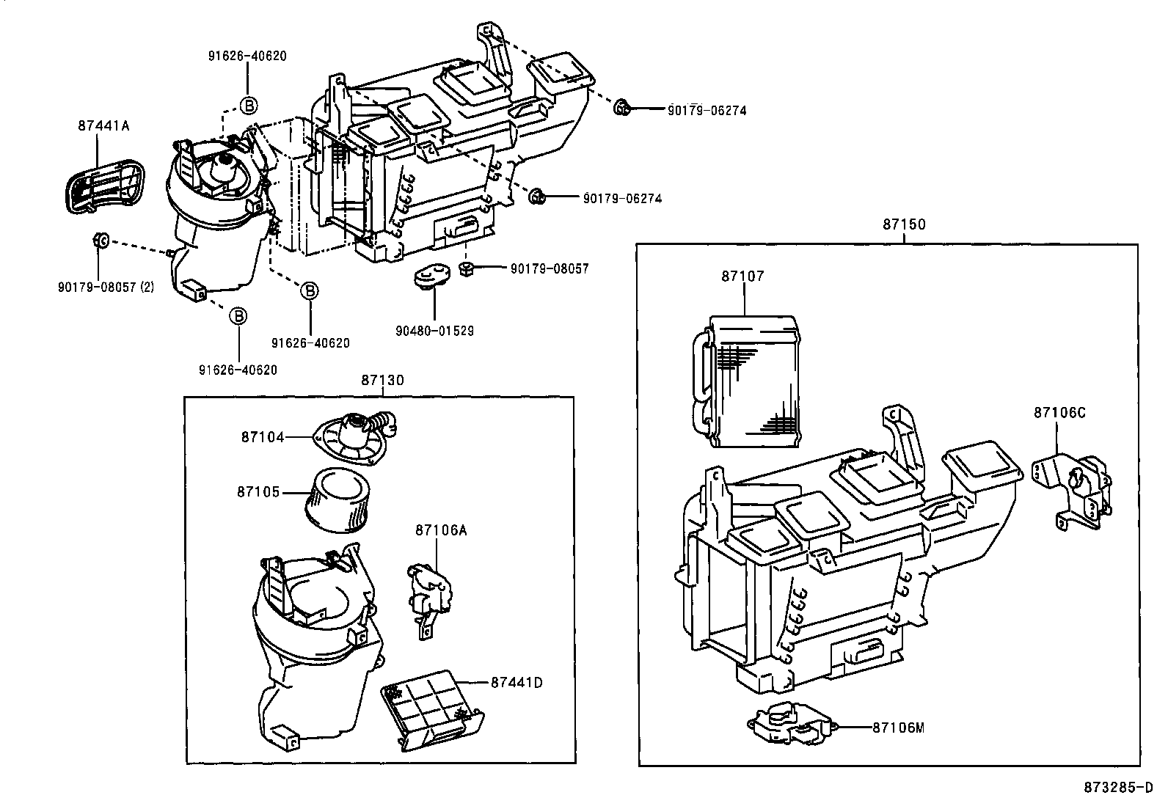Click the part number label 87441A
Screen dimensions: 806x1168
pos(103,125)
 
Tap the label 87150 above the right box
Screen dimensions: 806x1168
pos(903,224)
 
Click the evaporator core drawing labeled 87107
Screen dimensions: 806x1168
pos(748,381)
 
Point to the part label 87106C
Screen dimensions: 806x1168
pos(1059,412)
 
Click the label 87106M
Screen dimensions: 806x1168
pos(898,728)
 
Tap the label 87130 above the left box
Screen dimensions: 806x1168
pos(382,380)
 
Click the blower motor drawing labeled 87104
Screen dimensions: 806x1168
pos(354,437)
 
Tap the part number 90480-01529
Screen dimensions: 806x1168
pos(434,331)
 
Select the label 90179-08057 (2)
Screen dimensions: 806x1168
pos(106,287)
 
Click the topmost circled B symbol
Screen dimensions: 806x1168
pos(248,106)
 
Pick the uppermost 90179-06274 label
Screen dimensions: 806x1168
pos(707,111)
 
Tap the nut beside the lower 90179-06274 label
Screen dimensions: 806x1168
pos(537,196)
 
